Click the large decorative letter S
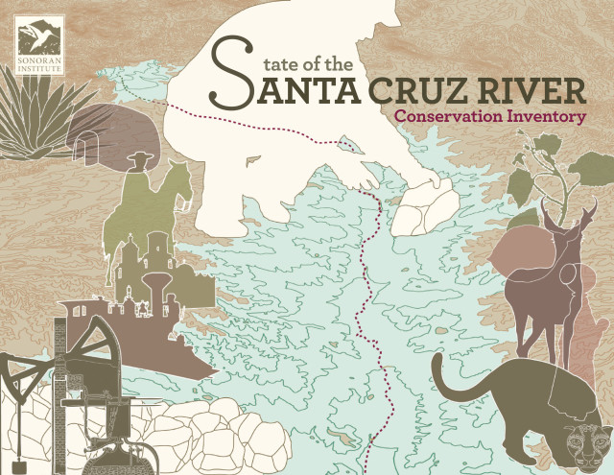click(228, 72)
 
